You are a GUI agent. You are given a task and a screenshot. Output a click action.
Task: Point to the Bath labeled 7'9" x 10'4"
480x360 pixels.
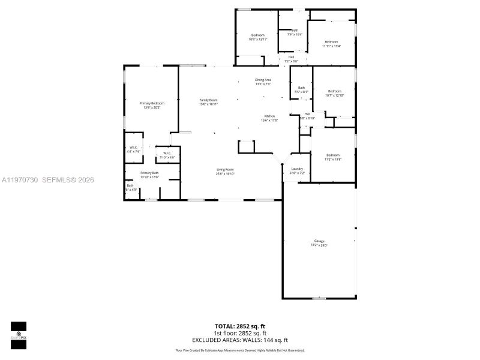295,32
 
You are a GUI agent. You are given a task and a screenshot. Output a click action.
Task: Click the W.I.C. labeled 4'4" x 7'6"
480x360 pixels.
133,149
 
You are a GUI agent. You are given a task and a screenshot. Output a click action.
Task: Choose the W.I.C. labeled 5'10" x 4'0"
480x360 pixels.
166,155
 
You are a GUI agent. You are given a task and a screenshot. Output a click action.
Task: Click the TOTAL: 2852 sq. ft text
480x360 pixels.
239,327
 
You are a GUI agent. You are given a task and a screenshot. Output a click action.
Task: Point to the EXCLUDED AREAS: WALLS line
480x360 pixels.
239,340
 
